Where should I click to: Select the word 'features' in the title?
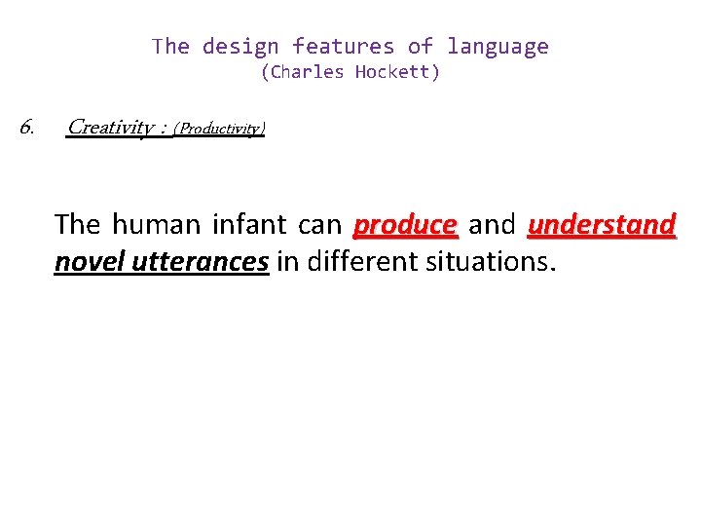[343, 47]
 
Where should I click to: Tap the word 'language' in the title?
[498, 47]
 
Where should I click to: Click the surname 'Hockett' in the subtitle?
[393, 72]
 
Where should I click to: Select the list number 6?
[27, 127]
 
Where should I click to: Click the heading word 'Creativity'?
[109, 128]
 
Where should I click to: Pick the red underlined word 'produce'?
[405, 225]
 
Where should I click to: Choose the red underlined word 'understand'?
[601, 225]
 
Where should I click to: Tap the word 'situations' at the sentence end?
[492, 261]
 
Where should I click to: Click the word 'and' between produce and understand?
[492, 225]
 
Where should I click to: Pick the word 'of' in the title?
[420, 47]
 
